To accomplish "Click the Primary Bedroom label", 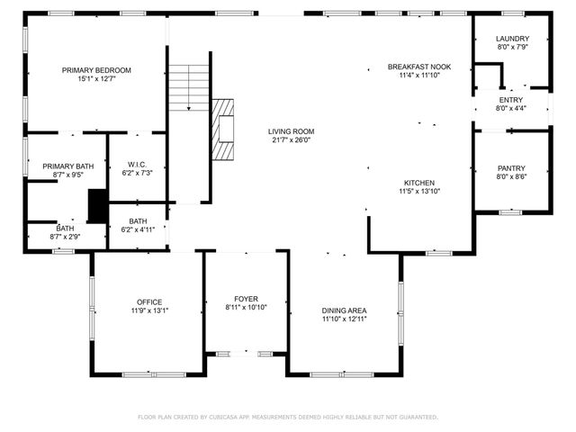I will (96, 70).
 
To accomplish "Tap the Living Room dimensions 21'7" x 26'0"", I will (291, 140).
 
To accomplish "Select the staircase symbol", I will (189, 87).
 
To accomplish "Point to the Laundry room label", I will (513, 39).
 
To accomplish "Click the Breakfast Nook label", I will (418, 67).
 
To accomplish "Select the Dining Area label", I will (345, 310).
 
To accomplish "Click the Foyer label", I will (246, 299).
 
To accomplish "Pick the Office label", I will (149, 301).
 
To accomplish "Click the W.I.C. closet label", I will (137, 165).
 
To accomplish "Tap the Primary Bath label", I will (67, 166).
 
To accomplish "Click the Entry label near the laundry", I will (511, 100).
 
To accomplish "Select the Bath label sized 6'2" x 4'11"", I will (138, 221).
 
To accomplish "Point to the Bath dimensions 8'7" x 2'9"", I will (66, 237).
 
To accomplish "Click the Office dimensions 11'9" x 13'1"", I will (149, 310).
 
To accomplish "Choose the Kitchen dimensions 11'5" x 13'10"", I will (418, 191).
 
